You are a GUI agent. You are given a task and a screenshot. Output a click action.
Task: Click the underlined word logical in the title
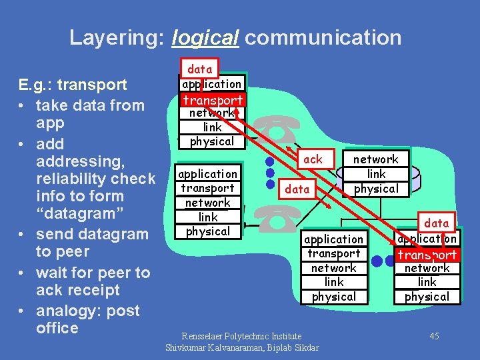pos(205,37)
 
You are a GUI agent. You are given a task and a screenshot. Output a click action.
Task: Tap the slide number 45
pos(434,335)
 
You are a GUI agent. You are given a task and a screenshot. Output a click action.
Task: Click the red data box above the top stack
pos(199,69)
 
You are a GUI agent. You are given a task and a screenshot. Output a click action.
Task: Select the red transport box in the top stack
pos(213,99)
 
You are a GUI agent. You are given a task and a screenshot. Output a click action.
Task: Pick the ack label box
pos(312,159)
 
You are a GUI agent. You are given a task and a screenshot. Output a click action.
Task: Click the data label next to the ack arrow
pos(297,189)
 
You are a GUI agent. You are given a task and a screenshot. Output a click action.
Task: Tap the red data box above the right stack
pos(437,223)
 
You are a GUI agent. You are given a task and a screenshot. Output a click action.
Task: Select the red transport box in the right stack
pos(427,254)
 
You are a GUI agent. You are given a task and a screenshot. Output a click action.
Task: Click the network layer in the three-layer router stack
pos(375,159)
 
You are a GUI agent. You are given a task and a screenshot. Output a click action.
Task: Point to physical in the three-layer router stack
pos(375,189)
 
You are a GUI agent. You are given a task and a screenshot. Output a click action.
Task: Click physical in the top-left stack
pos(212,141)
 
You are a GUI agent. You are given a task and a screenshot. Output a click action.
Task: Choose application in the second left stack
pos(208,174)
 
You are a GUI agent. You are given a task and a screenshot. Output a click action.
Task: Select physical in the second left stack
pos(208,231)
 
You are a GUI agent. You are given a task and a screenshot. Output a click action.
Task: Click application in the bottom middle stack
pos(333,239)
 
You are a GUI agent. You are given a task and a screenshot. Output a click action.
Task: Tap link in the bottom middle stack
pos(333,282)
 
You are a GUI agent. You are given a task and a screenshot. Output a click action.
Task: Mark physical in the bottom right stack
pos(427,297)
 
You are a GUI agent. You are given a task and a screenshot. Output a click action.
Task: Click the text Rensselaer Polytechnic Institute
pos(242,336)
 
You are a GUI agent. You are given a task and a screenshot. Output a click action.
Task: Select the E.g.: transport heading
pos(73,85)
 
